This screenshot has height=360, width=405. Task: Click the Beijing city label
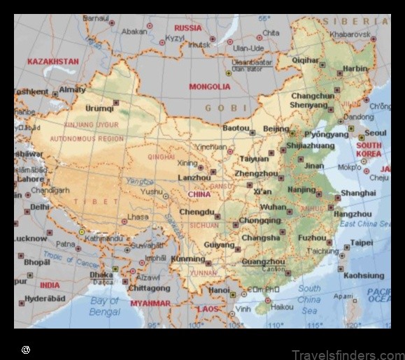(x=276, y=129)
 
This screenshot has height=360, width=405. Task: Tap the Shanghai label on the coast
(x=358, y=193)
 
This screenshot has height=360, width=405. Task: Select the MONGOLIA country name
(x=209, y=87)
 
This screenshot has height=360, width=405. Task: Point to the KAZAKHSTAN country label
(x=53, y=62)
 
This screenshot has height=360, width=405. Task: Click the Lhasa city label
(x=138, y=217)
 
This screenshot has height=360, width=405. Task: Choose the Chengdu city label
(x=196, y=211)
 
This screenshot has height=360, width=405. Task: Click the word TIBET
(x=101, y=201)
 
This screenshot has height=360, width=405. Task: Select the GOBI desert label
(x=226, y=108)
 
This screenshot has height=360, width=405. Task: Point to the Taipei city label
(x=362, y=243)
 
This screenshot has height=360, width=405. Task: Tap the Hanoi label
(x=218, y=289)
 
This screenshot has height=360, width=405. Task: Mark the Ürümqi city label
(x=99, y=108)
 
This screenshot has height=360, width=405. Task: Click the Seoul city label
(x=375, y=133)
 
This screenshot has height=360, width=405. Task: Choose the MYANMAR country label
(x=150, y=303)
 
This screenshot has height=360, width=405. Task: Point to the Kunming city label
(x=187, y=259)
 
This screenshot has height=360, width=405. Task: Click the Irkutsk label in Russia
(x=199, y=44)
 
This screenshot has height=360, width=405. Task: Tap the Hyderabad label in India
(x=45, y=298)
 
